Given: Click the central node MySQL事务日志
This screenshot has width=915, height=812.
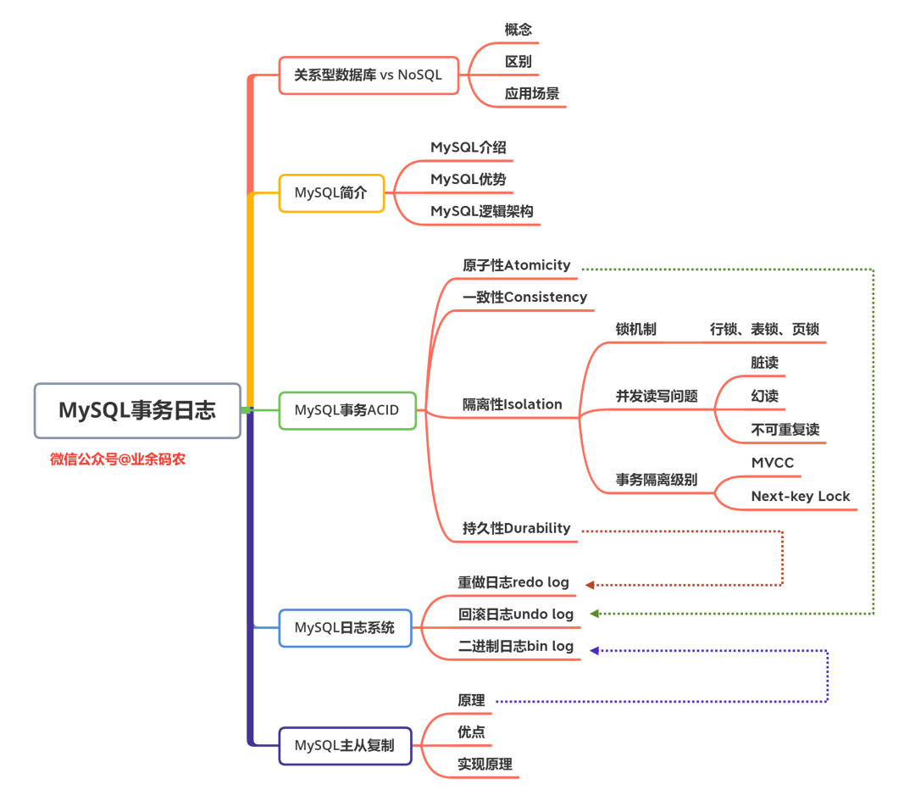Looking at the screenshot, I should [x=137, y=411].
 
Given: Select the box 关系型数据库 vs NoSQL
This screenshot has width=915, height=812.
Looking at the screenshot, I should [x=369, y=75].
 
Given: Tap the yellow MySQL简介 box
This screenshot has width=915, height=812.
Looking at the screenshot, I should [x=331, y=192].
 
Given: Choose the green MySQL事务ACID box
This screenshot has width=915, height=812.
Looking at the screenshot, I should [x=347, y=410].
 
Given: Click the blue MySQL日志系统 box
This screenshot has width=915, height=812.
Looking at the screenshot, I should [x=345, y=628].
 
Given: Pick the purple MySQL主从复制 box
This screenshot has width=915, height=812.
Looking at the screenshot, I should [x=345, y=746].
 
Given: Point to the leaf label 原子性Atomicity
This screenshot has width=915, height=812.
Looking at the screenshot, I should [x=517, y=265].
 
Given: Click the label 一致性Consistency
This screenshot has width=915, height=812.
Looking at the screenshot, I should [x=524, y=298].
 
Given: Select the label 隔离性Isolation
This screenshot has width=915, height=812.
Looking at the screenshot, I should [x=512, y=404].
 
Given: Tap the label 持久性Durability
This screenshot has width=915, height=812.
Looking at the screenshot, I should [x=517, y=528].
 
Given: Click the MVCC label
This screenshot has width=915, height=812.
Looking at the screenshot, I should [x=772, y=463].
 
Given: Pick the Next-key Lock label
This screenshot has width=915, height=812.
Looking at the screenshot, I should [x=800, y=497].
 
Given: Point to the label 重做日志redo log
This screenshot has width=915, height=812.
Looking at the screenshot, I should [x=513, y=583].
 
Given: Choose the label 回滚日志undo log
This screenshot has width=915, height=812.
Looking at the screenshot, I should [x=516, y=615].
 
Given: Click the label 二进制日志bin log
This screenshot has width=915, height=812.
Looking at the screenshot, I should [x=516, y=647].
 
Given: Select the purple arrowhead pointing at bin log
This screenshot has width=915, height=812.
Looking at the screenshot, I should [x=594, y=650].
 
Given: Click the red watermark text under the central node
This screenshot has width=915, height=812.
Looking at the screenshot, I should [x=118, y=459].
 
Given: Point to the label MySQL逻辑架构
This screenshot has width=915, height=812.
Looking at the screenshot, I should [x=482, y=211].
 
